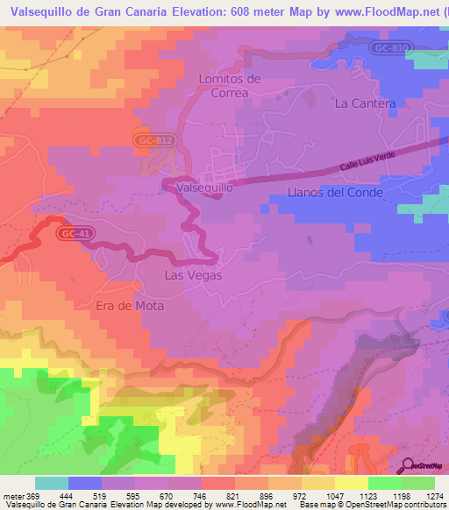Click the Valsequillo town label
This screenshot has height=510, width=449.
(x=204, y=188)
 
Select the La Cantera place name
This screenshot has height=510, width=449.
(x=366, y=103)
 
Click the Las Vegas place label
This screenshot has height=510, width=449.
(x=194, y=275)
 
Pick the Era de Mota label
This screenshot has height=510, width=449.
(x=131, y=307)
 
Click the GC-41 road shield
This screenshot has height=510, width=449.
(x=75, y=234)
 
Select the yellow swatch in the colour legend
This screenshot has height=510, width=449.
(x=351, y=483)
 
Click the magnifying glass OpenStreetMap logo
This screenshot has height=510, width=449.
(x=408, y=464)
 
